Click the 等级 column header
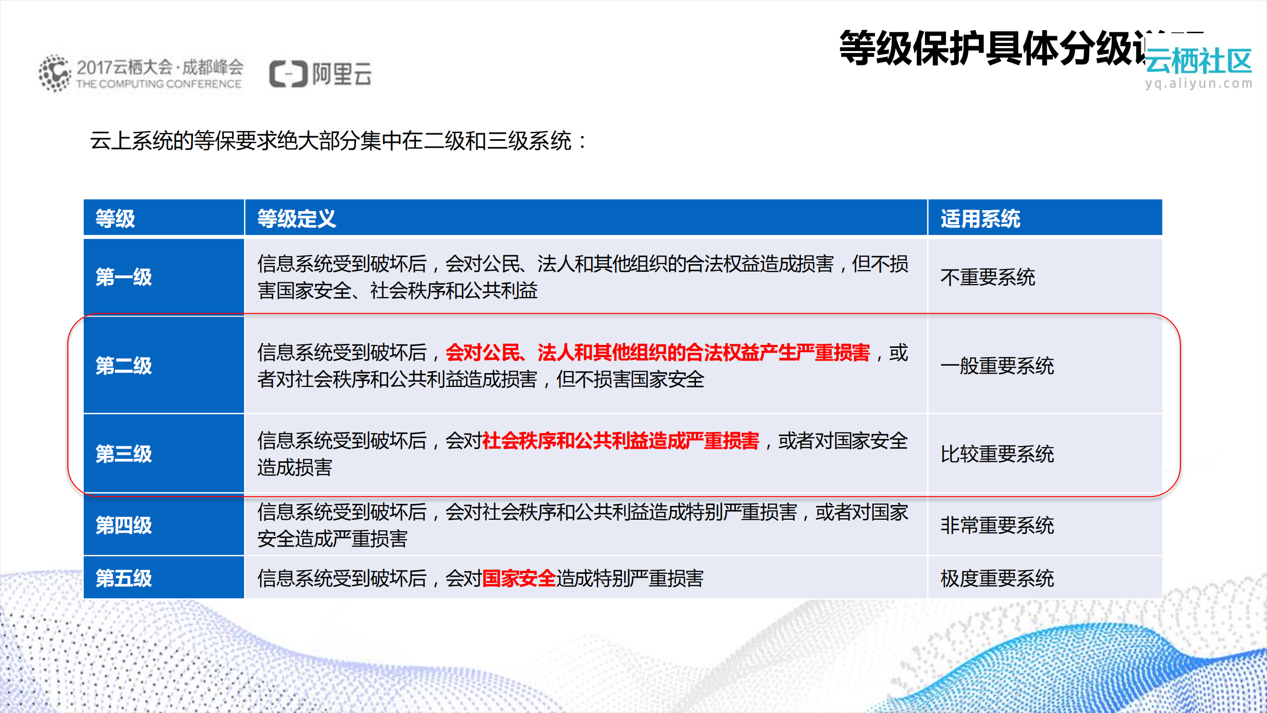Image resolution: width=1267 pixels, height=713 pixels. [x=115, y=219]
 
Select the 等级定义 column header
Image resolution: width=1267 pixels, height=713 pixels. [x=296, y=219]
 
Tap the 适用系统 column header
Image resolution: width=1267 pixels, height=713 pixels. [x=980, y=219]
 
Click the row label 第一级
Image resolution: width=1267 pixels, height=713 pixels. [x=123, y=277]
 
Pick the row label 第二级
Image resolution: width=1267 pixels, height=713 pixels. [x=123, y=366]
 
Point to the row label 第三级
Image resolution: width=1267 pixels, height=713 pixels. [x=123, y=454]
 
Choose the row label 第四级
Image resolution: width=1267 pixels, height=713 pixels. [x=123, y=525]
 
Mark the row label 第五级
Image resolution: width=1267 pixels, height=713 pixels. [x=123, y=578]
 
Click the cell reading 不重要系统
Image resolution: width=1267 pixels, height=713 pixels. [x=987, y=277]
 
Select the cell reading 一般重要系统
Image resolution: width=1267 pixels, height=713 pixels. [x=997, y=366]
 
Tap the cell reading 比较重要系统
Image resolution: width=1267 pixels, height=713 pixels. [x=997, y=454]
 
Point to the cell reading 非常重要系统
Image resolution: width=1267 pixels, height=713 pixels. [x=997, y=525]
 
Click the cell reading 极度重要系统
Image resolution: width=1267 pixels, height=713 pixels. [x=997, y=578]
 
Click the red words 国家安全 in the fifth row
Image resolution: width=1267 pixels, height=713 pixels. [x=518, y=578]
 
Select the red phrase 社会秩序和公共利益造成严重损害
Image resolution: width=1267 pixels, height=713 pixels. [x=620, y=440]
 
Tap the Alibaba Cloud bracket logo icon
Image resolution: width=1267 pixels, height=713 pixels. [x=288, y=74]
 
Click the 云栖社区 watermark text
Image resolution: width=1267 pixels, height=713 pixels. [x=1198, y=61]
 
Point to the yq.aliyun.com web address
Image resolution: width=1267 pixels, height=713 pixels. [x=1198, y=84]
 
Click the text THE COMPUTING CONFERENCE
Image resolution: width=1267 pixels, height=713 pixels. [x=158, y=84]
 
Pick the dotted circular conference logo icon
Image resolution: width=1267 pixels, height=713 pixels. [x=54, y=73]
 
